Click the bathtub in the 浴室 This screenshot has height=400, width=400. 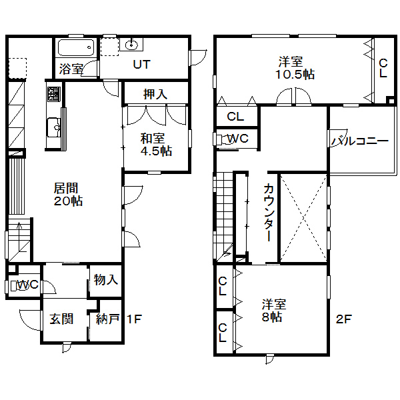(x=76, y=47)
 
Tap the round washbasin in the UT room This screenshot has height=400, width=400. (x=131, y=45)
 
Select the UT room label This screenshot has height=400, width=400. (x=142, y=65)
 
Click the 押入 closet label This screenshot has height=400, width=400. (x=155, y=95)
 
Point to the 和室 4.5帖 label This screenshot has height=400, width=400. (x=156, y=145)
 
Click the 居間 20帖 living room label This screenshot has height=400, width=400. (x=68, y=195)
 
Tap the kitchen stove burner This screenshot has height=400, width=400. (x=54, y=94)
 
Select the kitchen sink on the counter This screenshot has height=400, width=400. (x=54, y=127)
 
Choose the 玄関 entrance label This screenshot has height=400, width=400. (x=61, y=319)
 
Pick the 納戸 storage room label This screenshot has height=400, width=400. (x=108, y=319)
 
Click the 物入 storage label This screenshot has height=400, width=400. (x=105, y=279)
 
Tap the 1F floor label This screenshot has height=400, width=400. (x=134, y=319)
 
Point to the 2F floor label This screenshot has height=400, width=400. (x=343, y=319)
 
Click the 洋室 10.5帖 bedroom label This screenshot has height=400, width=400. (x=295, y=68)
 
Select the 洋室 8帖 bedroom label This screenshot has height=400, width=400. (x=274, y=311)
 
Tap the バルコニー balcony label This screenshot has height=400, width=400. (x=360, y=141)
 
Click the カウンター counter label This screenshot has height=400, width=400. (x=269, y=212)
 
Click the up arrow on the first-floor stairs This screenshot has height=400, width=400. (x=19, y=237)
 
